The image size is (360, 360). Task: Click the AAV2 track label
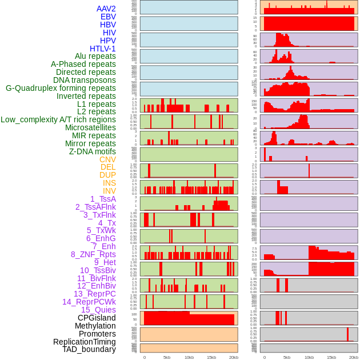pyautogui.click(x=106, y=9)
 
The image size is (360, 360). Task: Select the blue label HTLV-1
pyautogui.click(x=102, y=49)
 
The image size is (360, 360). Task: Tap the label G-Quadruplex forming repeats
pyautogui.click(x=61, y=88)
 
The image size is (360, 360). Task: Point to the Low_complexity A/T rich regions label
pyautogui.click(x=58, y=119)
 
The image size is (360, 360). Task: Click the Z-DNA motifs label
pyautogui.click(x=93, y=151)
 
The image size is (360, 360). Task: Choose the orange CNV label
pyautogui.click(x=107, y=159)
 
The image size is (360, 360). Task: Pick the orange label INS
pyautogui.click(x=109, y=183)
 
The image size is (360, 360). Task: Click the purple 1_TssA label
pyautogui.click(x=103, y=199)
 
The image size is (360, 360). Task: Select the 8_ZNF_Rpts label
pyautogui.click(x=93, y=254)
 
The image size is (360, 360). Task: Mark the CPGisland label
pyautogui.click(x=97, y=318)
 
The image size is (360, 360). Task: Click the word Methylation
pyautogui.click(x=95, y=326)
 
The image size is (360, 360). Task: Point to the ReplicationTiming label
pyautogui.click(x=85, y=342)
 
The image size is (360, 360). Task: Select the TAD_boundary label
pyautogui.click(x=89, y=349)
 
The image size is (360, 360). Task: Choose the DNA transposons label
pyautogui.click(x=85, y=80)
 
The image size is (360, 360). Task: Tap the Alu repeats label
pyautogui.click(x=95, y=56)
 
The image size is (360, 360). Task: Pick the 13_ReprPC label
pyautogui.click(x=94, y=294)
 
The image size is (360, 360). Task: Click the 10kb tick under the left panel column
pyautogui.click(x=189, y=358)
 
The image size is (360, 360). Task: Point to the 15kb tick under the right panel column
pyautogui.click(x=331, y=358)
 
